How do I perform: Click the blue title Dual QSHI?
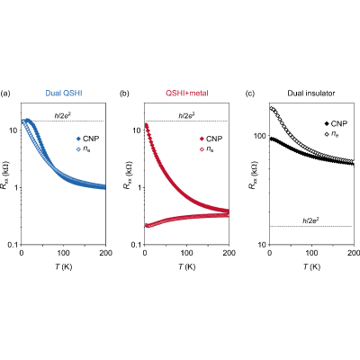tap(64, 94)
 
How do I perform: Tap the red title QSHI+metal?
tap(187, 94)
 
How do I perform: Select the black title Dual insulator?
tap(311, 94)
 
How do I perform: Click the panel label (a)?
tap(5, 94)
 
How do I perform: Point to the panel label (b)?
tap(124, 94)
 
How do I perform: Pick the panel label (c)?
tap(250, 94)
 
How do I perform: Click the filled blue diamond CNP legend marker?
tap(78, 139)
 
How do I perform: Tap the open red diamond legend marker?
tap(202, 149)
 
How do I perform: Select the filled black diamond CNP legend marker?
tap(327, 123)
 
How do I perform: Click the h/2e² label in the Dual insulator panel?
tap(310, 220)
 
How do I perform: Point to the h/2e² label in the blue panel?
tap(62, 115)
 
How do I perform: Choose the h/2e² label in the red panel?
tap(186, 115)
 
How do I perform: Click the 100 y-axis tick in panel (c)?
tap(260, 136)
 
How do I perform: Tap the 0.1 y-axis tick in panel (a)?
tap(13, 245)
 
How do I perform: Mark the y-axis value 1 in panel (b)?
tap(139, 187)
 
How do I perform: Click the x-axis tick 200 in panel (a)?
tap(105, 253)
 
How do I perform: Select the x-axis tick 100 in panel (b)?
tap(186, 253)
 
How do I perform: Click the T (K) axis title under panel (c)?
tap(311, 266)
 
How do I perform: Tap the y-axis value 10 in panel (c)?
tap(262, 245)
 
